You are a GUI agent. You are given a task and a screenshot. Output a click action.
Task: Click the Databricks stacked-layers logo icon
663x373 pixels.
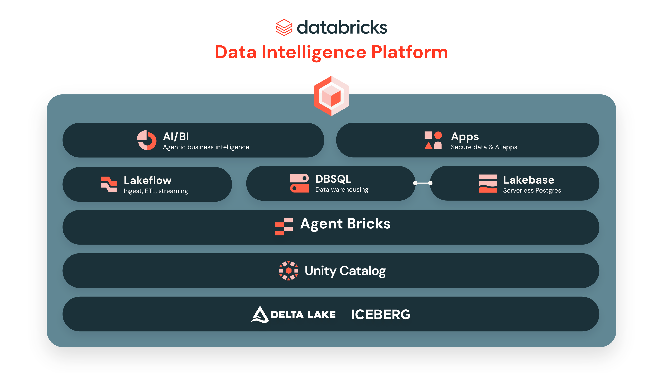click(284, 27)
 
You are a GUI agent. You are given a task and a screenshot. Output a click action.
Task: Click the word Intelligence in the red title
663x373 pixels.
click(314, 52)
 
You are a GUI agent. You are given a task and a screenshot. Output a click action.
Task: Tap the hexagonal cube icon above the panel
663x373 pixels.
click(331, 96)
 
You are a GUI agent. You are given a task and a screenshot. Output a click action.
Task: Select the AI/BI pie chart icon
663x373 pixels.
click(146, 140)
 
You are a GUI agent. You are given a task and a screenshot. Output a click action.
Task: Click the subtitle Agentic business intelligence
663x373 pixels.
click(206, 147)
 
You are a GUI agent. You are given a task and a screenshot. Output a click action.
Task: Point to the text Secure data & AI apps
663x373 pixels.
click(484, 147)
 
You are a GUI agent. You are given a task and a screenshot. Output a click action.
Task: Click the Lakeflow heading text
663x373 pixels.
click(147, 180)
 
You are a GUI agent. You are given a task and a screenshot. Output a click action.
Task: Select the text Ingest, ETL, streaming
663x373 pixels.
click(156, 191)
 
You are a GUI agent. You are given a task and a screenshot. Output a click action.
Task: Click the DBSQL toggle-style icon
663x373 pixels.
click(299, 183)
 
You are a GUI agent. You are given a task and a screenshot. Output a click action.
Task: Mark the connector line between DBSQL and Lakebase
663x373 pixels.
click(423, 183)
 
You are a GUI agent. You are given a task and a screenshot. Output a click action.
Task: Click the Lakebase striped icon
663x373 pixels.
click(488, 183)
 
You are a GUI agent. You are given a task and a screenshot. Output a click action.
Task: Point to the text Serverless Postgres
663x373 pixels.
click(532, 190)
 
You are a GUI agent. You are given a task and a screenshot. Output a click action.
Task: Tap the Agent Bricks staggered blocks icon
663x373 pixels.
click(284, 227)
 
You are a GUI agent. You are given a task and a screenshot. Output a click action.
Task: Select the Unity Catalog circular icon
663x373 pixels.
click(289, 271)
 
